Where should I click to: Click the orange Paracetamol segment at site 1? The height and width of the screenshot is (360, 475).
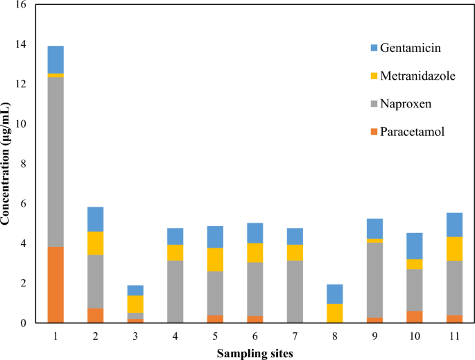pos(55,284)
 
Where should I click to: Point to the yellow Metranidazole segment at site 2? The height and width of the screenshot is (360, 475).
pos(95,243)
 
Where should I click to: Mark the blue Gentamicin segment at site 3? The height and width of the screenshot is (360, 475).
pos(135,290)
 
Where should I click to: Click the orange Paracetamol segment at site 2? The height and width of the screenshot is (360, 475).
pos(95,316)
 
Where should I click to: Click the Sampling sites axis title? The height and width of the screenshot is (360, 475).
pos(254,352)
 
